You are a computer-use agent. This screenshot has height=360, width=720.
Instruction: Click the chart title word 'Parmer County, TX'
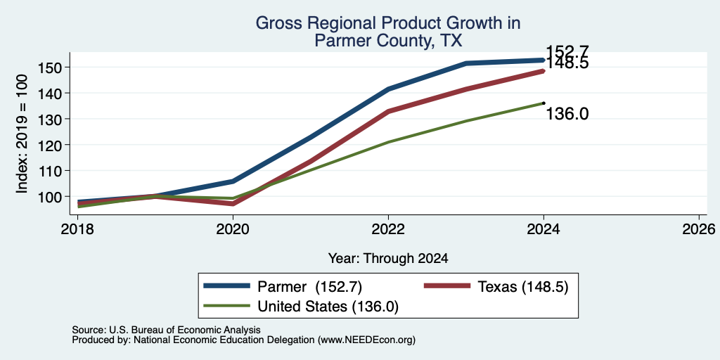click(x=388, y=41)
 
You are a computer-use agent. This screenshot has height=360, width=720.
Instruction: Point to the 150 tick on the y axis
click(x=47, y=67)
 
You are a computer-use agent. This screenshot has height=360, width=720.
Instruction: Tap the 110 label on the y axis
click(x=47, y=170)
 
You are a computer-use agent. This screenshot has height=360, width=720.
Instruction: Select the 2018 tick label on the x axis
click(x=77, y=229)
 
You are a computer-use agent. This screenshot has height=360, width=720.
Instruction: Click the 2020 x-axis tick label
click(x=233, y=229)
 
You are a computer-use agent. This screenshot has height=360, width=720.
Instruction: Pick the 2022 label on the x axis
click(x=388, y=229)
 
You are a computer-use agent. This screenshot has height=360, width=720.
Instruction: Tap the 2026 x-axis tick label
click(x=700, y=229)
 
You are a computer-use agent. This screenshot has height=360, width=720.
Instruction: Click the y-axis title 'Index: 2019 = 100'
click(x=22, y=134)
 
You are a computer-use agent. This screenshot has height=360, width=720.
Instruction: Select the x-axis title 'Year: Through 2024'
click(x=388, y=259)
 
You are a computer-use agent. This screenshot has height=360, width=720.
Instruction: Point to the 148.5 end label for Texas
click(x=567, y=63)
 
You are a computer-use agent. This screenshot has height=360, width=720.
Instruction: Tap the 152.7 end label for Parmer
click(x=567, y=51)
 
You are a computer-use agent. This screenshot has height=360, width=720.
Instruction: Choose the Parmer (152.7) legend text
click(x=310, y=287)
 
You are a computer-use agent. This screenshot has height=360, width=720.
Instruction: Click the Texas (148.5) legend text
click(x=523, y=287)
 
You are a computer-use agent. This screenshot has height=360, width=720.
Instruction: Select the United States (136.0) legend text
click(x=328, y=307)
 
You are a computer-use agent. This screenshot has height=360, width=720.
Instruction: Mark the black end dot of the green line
click(x=544, y=103)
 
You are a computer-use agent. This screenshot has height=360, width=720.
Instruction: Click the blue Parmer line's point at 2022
click(x=388, y=89)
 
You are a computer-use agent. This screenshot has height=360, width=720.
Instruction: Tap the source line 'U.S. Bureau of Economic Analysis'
click(x=185, y=330)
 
